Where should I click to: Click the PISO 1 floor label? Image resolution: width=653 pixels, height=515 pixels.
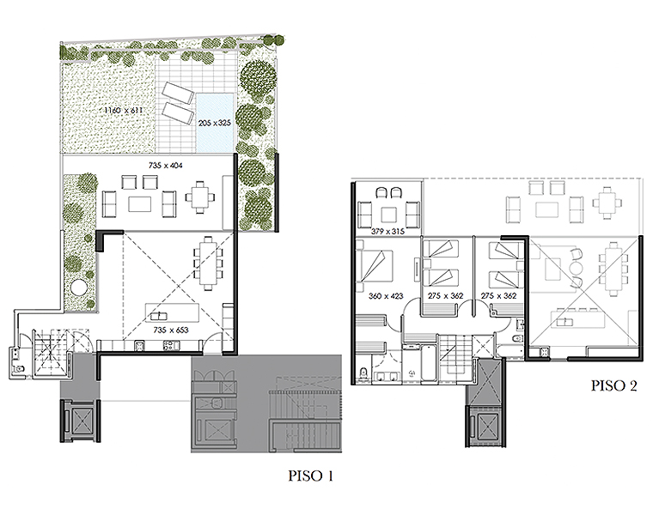coord(311,476)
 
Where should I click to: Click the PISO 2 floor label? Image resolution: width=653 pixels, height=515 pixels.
coord(613,385)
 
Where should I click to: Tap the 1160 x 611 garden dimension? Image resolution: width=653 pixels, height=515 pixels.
coord(123,110)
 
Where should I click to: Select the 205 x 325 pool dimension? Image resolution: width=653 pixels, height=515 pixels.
coord(215,123)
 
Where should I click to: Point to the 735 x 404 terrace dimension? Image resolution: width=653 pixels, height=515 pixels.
coord(165,166)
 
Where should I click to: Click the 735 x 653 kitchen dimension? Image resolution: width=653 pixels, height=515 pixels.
coord(171,330)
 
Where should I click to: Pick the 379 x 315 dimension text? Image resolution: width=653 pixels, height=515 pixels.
coord(388,231)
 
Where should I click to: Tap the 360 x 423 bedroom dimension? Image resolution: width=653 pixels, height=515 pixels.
coord(386,296)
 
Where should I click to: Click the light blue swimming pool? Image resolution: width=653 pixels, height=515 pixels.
coord(215,123)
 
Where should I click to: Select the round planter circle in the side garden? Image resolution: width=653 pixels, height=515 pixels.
coord(78,287)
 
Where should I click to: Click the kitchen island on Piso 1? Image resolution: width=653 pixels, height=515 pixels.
coord(172,312)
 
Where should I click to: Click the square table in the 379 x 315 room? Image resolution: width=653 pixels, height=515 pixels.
coord(388,215)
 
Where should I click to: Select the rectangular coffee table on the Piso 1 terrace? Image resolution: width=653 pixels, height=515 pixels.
coord(139,204)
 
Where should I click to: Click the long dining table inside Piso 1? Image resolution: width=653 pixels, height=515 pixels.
coord(207,264)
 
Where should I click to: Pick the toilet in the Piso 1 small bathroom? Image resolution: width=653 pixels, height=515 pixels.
coord(19,367)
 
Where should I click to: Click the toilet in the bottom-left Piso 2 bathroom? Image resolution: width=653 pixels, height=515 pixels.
coord(363,373)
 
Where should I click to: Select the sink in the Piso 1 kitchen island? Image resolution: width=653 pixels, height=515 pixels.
coord(158,316)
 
